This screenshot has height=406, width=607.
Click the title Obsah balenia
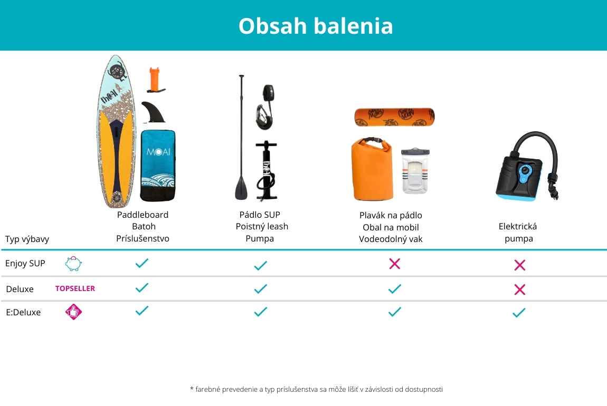click(x=316, y=26)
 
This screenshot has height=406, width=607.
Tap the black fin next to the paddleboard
click(x=153, y=112)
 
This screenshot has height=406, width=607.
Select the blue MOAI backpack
click(x=158, y=166)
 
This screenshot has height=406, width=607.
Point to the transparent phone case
click(x=415, y=170)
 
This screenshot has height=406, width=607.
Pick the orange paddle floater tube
click(x=394, y=117)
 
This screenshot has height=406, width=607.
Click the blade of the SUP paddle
click(x=241, y=188)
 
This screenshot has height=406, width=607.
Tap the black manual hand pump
click(x=267, y=170)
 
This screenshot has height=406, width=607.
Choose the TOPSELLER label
click(x=75, y=288)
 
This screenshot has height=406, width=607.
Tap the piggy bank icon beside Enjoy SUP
click(x=73, y=264)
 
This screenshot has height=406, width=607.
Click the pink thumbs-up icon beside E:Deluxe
click(x=73, y=312)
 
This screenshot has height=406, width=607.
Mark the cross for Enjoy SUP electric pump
click(x=519, y=265)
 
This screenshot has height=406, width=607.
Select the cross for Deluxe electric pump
click(x=519, y=289)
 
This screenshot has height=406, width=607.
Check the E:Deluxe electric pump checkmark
click(x=519, y=313)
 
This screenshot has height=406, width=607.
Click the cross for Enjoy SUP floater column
click(x=394, y=264)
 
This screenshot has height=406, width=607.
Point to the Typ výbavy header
click(x=27, y=239)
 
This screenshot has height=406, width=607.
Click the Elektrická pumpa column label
click(x=518, y=232)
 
